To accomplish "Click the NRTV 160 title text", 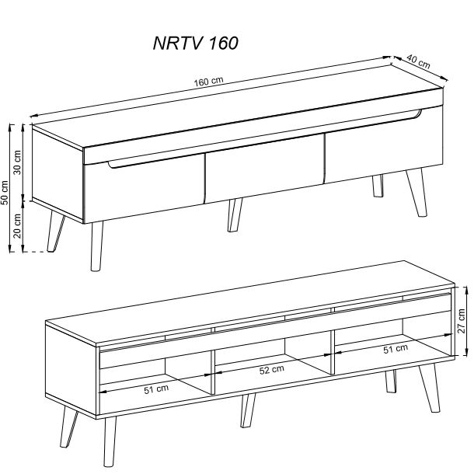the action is (x=196, y=44).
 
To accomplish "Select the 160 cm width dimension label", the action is (x=208, y=82).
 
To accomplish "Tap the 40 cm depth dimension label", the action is (x=418, y=61).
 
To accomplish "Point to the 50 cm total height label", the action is (x=5, y=193).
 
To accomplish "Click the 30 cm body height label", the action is (x=18, y=162).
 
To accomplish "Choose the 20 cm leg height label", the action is (x=18, y=226).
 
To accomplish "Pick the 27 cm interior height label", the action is (x=462, y=321).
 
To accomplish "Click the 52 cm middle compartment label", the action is (x=272, y=370).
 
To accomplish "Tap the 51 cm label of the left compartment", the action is (x=156, y=389).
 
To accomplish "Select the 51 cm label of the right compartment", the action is (x=396, y=349).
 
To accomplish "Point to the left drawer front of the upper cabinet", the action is (x=144, y=189).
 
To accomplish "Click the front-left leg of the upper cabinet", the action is (x=96, y=246).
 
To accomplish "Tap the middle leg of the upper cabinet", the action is (x=234, y=215).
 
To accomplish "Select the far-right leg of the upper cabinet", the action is (x=416, y=193).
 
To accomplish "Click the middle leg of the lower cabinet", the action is (x=248, y=410).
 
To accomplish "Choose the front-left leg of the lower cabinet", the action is (x=110, y=441).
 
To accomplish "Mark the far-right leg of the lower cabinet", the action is (x=430, y=388).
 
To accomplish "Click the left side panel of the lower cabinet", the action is (x=71, y=371).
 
